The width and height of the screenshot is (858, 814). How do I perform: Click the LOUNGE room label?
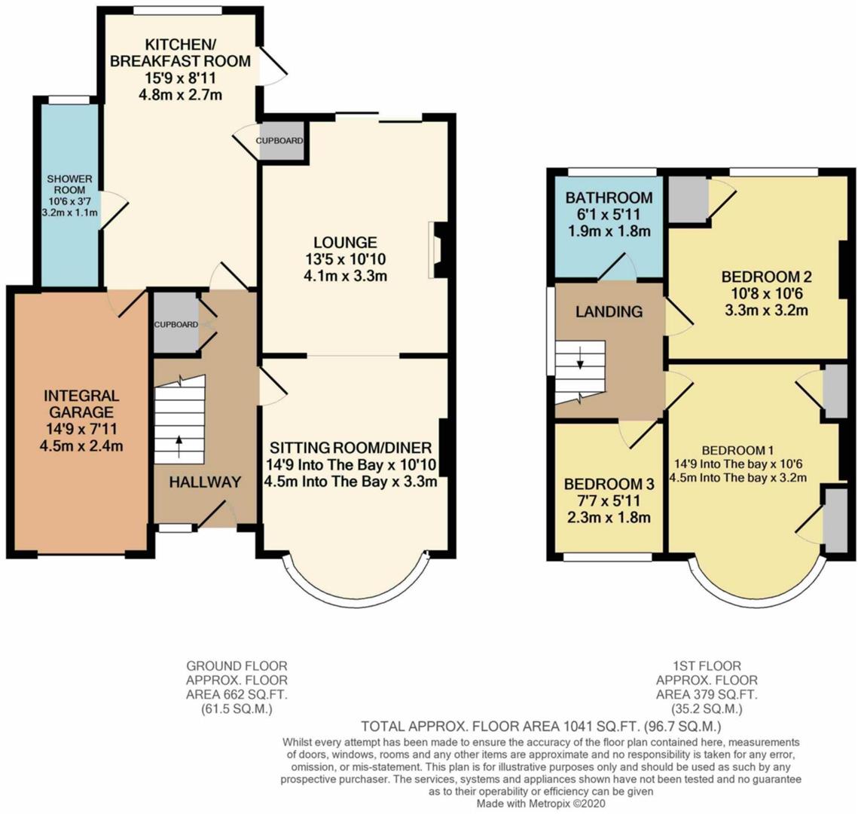click(x=345, y=242)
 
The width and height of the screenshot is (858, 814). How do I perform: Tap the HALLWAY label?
click(x=205, y=482)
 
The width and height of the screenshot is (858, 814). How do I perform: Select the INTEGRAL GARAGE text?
click(x=81, y=403)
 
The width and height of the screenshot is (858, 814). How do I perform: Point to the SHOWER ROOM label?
click(x=69, y=184)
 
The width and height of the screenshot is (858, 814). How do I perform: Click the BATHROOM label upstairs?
click(x=609, y=197)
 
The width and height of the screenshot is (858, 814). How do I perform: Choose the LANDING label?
click(x=609, y=311)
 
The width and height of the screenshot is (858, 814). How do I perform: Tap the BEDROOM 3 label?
click(x=609, y=484)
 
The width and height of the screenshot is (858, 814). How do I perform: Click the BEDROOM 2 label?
click(x=766, y=277)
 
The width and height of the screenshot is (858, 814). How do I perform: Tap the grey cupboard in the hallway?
click(x=176, y=323)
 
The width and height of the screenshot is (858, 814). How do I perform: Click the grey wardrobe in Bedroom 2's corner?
click(x=687, y=199)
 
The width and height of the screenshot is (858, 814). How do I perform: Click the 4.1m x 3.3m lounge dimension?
click(x=345, y=275)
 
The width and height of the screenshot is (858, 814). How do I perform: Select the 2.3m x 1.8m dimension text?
click(x=609, y=517)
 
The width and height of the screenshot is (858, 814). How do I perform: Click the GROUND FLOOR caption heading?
click(x=237, y=666)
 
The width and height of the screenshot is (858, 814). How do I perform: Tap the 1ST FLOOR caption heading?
click(x=707, y=666)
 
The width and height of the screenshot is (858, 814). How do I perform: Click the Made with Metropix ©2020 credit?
click(x=542, y=804)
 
